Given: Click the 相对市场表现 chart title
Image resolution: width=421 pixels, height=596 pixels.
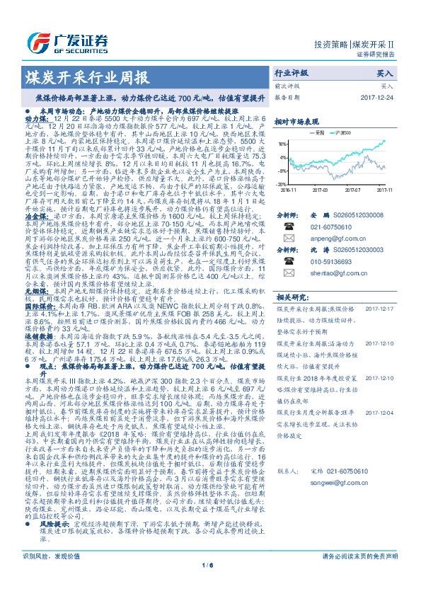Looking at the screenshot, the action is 295,121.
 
